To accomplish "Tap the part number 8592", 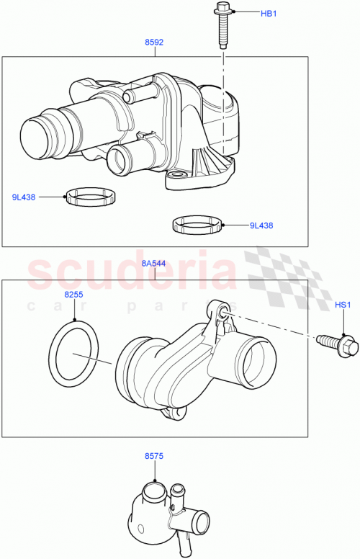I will tap(153, 43).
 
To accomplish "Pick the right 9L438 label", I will tap(261, 225).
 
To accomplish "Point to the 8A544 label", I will tap(155, 264).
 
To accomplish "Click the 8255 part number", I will tap(74, 295).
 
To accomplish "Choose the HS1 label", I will tap(343, 305).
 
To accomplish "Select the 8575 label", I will tap(155, 457).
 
